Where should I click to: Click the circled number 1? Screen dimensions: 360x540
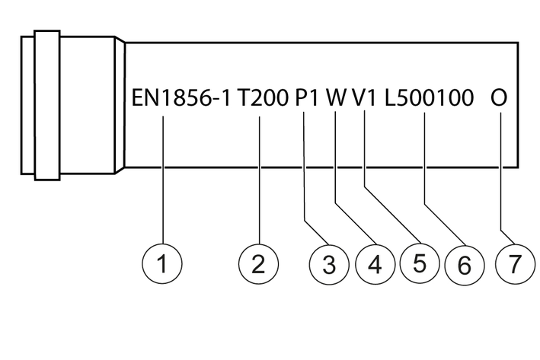[x=162, y=264]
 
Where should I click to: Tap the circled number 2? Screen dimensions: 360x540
[x=258, y=264]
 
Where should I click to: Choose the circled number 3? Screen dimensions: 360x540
[x=328, y=264]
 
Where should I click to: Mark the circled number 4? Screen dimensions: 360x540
[x=373, y=264]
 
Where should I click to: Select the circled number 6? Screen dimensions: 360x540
[x=464, y=264]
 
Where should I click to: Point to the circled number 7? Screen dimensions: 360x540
[x=515, y=264]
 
